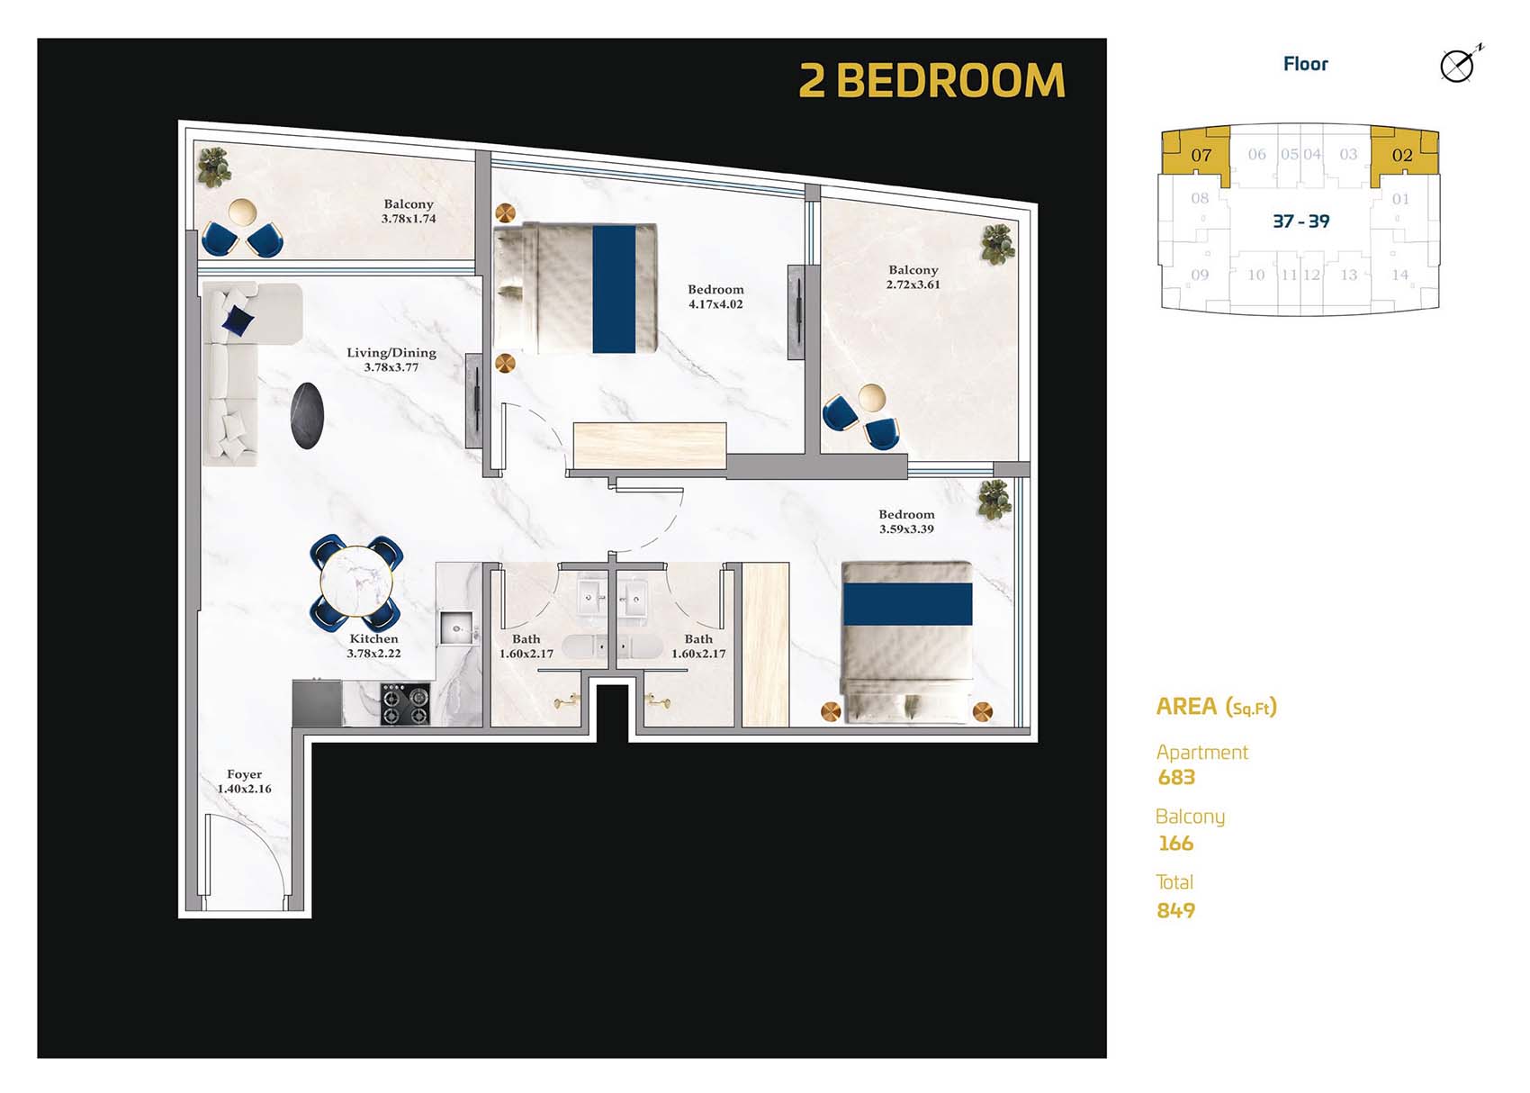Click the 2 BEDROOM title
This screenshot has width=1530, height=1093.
[x=931, y=81]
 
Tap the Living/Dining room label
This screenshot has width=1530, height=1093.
[x=391, y=359]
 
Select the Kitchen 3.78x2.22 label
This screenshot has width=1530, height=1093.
[x=373, y=646]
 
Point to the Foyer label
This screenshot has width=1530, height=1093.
[x=244, y=781]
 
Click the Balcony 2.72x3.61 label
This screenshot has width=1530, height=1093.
[x=913, y=276]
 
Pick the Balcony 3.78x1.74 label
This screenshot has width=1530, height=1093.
[x=409, y=211]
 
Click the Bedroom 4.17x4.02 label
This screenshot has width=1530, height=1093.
[x=715, y=296]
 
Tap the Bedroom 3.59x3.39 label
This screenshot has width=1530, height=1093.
[x=906, y=521]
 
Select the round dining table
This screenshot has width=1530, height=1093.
[x=356, y=583]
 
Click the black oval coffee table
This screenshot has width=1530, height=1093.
[x=307, y=415]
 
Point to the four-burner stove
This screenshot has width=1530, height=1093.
[x=405, y=704]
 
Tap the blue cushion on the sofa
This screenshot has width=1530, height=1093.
[x=238, y=318]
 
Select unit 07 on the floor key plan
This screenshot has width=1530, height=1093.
[x=1201, y=155]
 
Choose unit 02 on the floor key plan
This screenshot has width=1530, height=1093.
[x=1401, y=155]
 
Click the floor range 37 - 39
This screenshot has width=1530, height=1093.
[x=1300, y=221]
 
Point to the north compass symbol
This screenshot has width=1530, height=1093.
[x=1458, y=65]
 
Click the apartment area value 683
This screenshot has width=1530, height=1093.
[x=1176, y=777]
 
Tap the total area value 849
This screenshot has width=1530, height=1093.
[x=1176, y=910]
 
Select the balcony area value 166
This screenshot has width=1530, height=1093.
[x=1175, y=844]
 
